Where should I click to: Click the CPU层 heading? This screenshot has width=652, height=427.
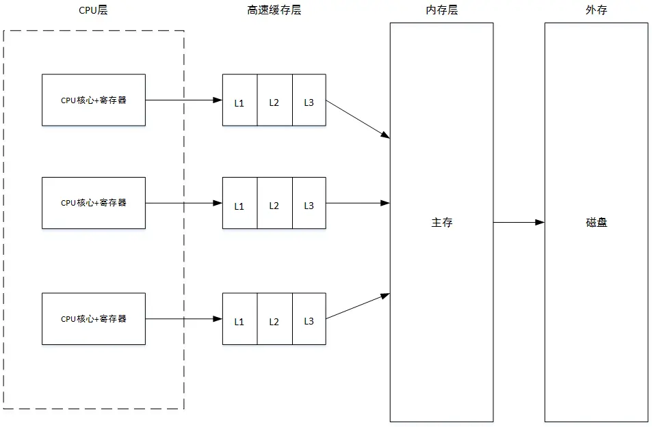(93, 10)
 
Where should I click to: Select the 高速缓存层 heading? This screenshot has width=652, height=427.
(274, 10)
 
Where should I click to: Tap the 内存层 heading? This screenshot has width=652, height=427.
(441, 10)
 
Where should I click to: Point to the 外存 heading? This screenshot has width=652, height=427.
(597, 10)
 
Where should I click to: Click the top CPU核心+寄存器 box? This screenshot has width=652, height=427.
(94, 100)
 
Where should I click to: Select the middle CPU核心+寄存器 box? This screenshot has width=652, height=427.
(94, 203)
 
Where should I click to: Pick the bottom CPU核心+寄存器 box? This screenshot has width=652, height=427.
(94, 319)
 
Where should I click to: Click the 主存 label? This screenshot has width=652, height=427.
(441, 223)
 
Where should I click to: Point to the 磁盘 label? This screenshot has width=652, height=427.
(597, 223)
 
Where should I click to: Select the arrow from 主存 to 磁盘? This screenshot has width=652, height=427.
(519, 222)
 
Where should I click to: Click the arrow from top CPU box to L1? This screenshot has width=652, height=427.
(183, 100)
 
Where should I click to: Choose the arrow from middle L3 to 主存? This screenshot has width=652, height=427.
(358, 203)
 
